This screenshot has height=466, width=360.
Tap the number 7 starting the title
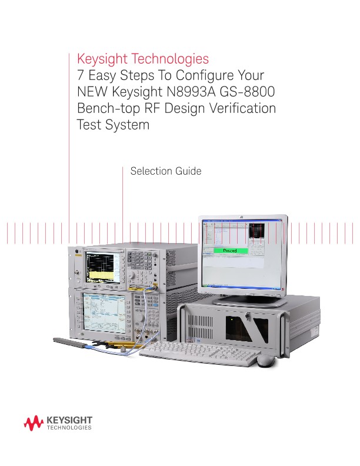point(82,76)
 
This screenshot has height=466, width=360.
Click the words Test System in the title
point(113,125)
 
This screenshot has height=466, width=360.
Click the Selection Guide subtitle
point(166,171)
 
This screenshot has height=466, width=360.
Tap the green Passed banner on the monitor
point(229,251)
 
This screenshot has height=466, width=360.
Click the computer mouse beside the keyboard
point(266,360)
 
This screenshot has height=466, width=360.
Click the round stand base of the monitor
point(242,299)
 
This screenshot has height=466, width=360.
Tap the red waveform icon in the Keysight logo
point(32,422)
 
